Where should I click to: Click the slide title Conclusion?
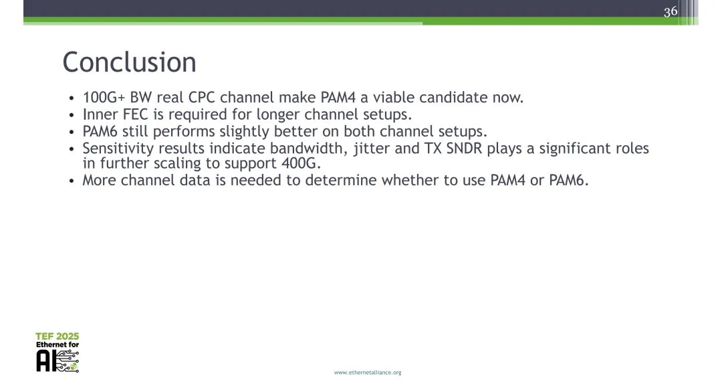pos(130,62)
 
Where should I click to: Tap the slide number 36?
pos(671,11)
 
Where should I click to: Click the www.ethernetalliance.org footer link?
pos(368,372)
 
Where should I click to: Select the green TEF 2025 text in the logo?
pos(57,337)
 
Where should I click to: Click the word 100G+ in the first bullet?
pos(104,98)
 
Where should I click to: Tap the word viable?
pos(393,98)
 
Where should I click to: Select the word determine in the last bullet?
pos(341,180)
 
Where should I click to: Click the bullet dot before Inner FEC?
pos(71,115)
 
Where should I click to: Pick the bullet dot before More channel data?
pos(71,181)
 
